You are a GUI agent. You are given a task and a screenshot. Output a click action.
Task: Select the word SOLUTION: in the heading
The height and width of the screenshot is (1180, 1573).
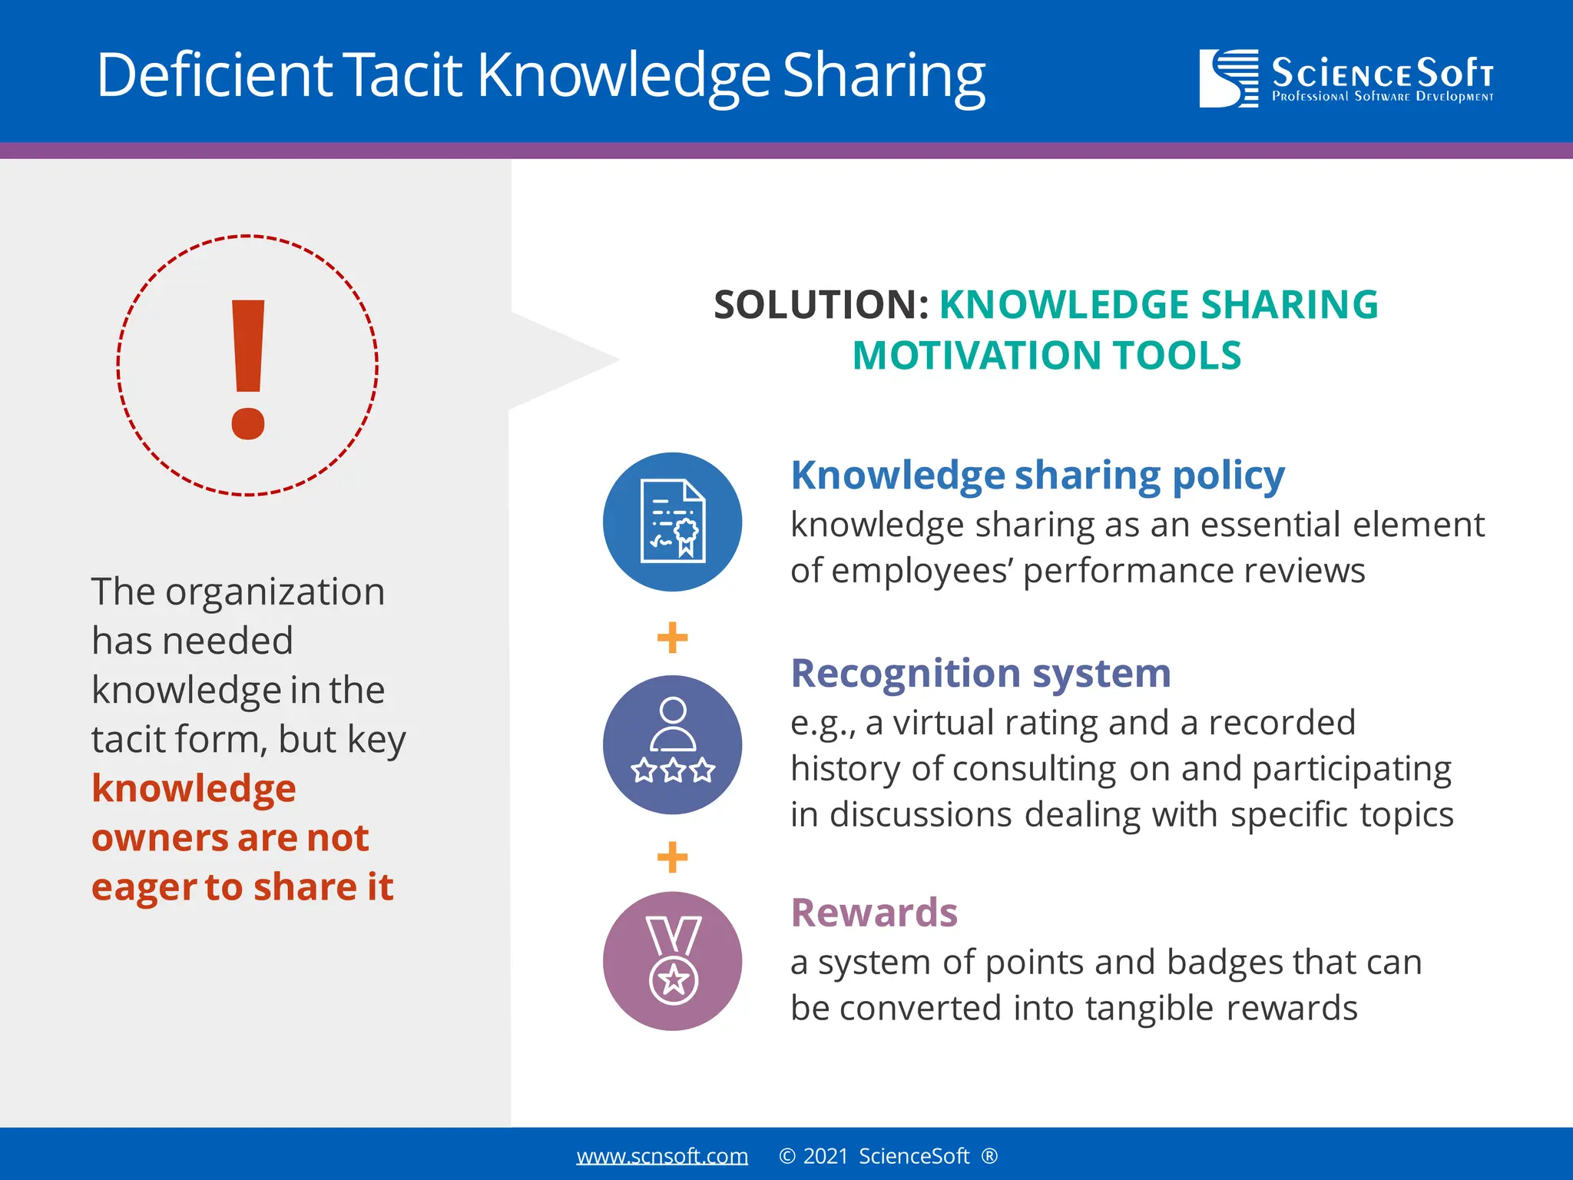[821, 304]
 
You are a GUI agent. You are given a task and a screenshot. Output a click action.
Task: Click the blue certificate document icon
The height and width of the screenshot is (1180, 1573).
[672, 522]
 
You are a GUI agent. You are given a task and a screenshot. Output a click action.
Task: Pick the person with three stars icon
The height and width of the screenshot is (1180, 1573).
[672, 744]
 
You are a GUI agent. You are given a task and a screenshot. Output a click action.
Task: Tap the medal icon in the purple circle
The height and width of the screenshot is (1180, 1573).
[672, 960]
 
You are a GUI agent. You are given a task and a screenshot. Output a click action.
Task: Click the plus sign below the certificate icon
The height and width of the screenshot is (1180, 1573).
[672, 638]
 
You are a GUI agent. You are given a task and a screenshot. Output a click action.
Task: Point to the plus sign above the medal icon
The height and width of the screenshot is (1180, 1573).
[672, 857]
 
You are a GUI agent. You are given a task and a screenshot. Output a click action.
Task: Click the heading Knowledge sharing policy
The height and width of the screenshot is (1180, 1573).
[1038, 476]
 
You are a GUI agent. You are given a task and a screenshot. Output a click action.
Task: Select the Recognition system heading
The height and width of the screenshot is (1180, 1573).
[981, 674]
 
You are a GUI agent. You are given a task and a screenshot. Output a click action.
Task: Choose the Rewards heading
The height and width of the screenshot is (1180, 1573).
[874, 913]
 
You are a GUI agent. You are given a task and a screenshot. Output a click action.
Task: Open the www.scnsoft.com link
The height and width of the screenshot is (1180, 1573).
[662, 1156]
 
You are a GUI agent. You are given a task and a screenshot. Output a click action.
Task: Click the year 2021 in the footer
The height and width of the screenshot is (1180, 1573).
[826, 1156]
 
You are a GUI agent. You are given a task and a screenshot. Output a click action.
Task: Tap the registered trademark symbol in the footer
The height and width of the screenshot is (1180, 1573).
[989, 1156]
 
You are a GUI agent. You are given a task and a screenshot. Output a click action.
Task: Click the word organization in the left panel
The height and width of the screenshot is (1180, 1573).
[275, 592]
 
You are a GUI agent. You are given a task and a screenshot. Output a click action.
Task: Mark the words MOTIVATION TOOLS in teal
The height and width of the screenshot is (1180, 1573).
[1046, 356]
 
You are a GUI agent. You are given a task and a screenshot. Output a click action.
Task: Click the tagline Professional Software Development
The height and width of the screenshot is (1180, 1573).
[1383, 97]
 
